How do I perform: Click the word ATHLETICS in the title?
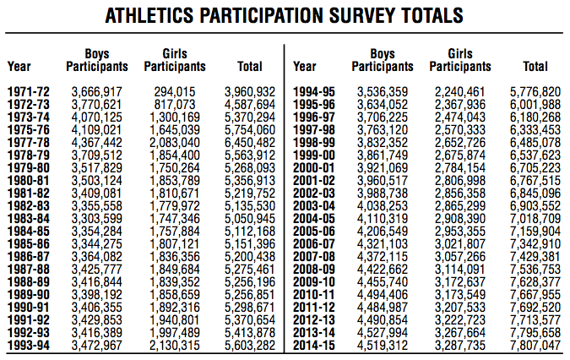pyautogui.click(x=153, y=16)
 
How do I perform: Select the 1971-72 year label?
pyautogui.click(x=28, y=92)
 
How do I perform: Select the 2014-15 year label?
pyautogui.click(x=313, y=346)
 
